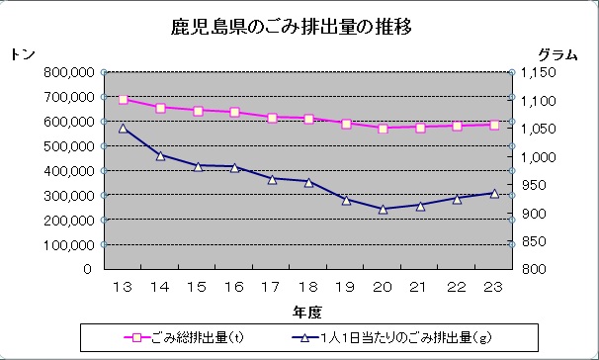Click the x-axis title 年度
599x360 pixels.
pyautogui.click(x=305, y=312)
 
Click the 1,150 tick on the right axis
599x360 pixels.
pyautogui.click(x=542, y=72)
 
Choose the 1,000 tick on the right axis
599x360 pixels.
pyautogui.click(x=542, y=156)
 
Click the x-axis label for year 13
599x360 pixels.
pyautogui.click(x=124, y=287)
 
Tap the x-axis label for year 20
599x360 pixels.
pyautogui.click(x=383, y=287)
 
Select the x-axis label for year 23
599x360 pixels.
pyautogui.click(x=493, y=287)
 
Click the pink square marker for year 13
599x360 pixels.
pyautogui.click(x=124, y=99)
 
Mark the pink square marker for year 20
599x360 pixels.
pyautogui.click(x=383, y=128)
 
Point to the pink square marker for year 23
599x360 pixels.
pyautogui.click(x=493, y=125)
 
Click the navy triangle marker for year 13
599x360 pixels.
pyautogui.click(x=124, y=128)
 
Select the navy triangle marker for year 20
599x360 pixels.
pyautogui.click(x=383, y=209)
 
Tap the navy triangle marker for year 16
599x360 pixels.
pyautogui.click(x=234, y=167)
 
